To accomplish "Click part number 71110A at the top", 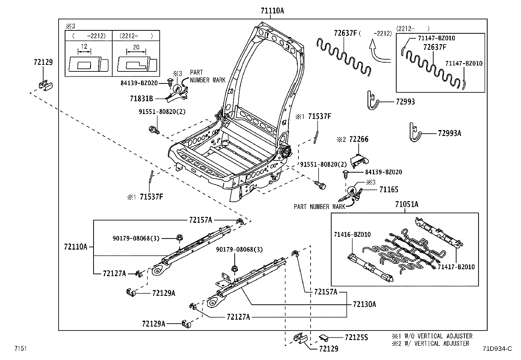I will coord(272,11).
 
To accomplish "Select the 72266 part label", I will coord(359,139).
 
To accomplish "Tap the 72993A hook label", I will coord(449,133).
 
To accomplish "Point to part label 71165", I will coord(389,190).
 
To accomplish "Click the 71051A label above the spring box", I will coord(406,205).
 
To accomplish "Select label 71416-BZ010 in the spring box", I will coord(352,235).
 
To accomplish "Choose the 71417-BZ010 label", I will coord(456,267).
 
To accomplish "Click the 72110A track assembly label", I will coord(76,247).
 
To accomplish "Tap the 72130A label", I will coord(364,305).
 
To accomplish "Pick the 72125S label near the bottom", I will coord(356,337).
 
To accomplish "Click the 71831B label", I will coord(141,98).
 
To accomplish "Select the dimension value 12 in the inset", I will coord(84,47).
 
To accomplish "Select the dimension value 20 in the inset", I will coord(136,47).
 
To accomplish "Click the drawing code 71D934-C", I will coord(497,349).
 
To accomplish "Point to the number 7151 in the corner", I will coord(20,349).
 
